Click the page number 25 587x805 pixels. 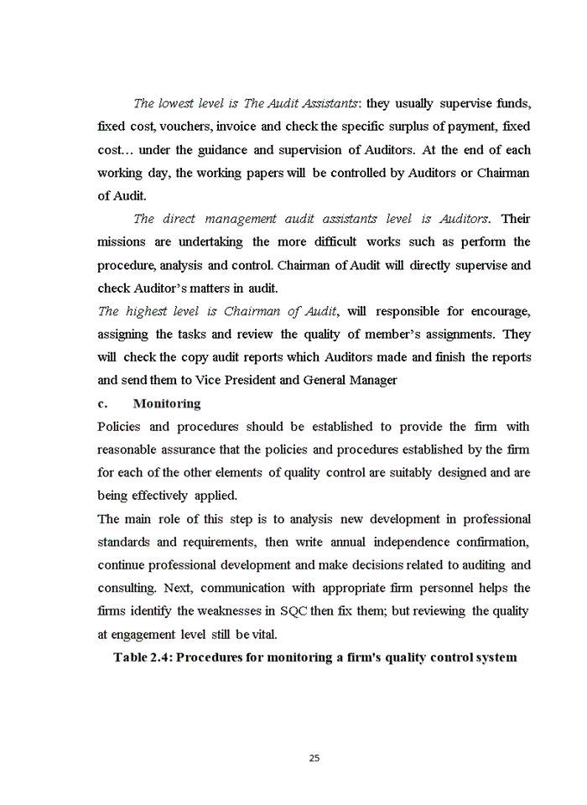[x=314, y=758]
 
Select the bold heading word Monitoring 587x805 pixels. [x=167, y=403]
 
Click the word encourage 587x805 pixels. [x=500, y=311]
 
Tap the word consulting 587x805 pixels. [x=127, y=588]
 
